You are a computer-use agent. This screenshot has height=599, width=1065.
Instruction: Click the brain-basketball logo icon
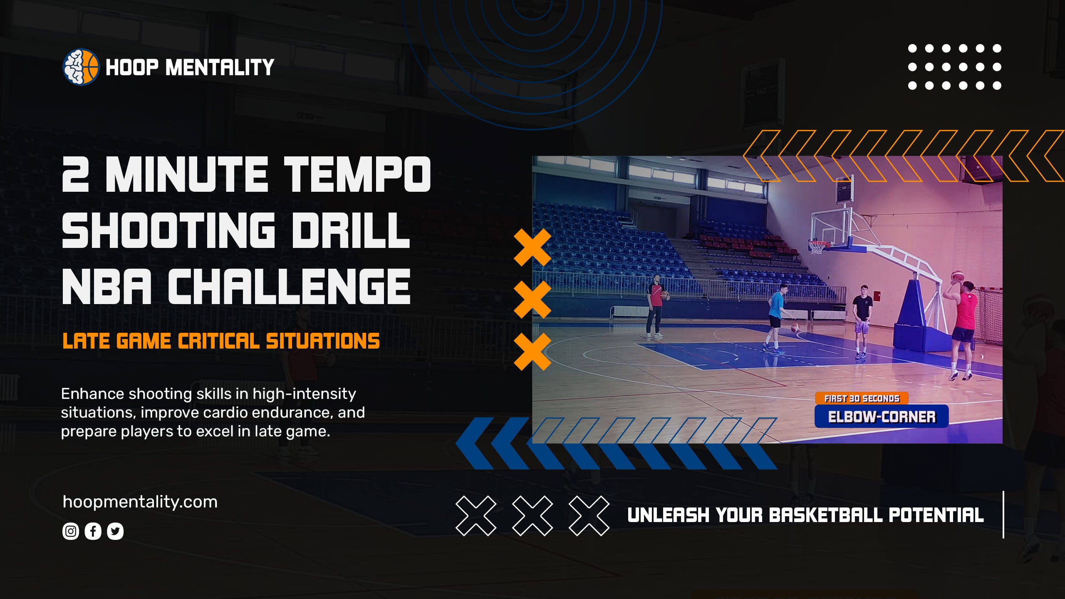point(81,67)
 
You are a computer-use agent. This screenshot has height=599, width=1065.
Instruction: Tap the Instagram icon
point(71,531)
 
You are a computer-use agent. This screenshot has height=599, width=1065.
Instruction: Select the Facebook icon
point(93,531)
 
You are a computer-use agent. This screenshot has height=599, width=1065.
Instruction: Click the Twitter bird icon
point(115,531)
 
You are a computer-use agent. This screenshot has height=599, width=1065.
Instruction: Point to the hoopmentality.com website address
point(140,502)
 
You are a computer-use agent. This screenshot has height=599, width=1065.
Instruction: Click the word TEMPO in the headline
point(357,175)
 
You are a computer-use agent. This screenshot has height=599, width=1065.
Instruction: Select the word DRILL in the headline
point(350,230)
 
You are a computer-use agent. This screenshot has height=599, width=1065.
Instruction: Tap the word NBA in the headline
point(107,286)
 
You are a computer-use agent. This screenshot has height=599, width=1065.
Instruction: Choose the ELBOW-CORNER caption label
point(882,417)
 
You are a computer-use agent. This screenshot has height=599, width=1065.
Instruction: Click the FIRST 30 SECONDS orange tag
point(862,399)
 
